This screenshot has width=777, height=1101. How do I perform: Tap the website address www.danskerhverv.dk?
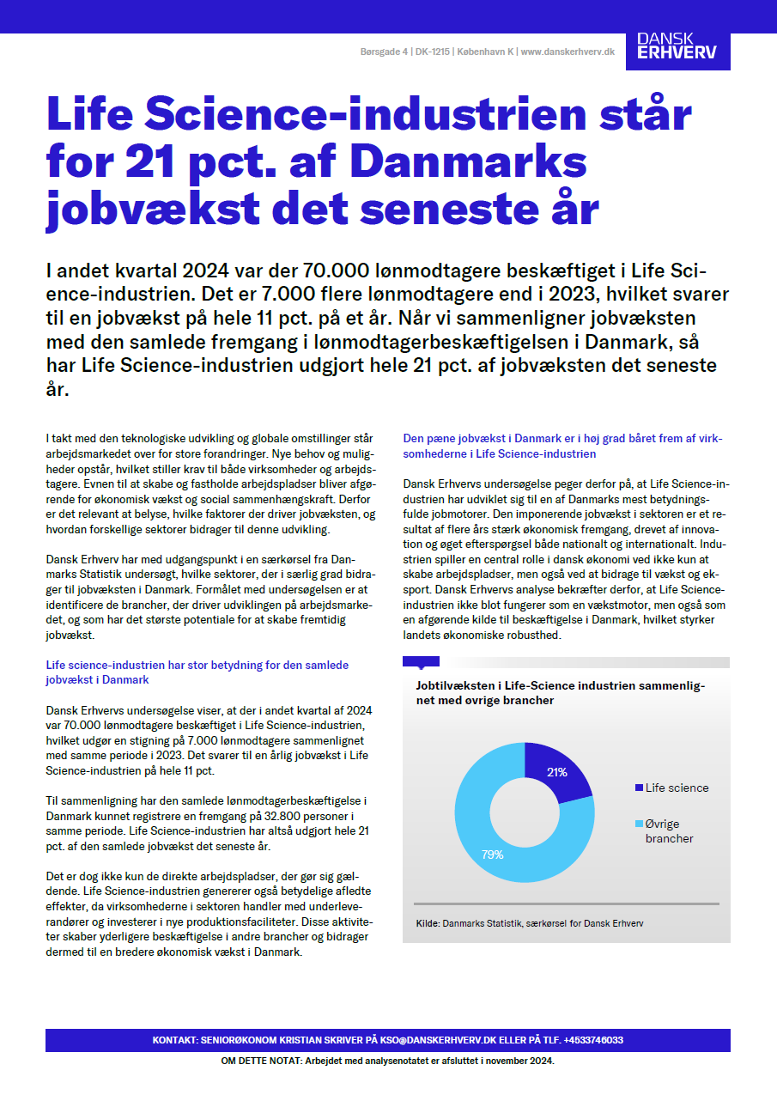coord(568,52)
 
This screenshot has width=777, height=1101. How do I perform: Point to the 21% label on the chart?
coord(556,772)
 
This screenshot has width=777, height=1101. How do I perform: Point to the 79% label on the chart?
coord(492,855)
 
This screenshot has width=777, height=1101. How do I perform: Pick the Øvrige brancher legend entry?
coord(669,830)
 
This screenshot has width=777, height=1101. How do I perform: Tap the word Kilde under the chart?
coord(427,923)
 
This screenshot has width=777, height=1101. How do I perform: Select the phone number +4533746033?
coord(593,1040)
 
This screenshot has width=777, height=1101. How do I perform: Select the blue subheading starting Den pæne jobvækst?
coord(562,446)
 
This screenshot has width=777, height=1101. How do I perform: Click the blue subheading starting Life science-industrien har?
coord(197,672)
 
